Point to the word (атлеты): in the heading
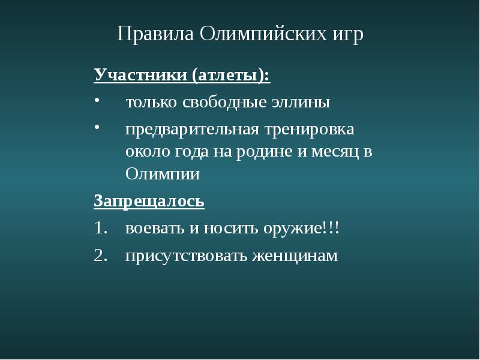point(231,76)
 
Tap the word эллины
point(302,102)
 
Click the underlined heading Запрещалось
point(149,201)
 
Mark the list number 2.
point(99,256)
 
